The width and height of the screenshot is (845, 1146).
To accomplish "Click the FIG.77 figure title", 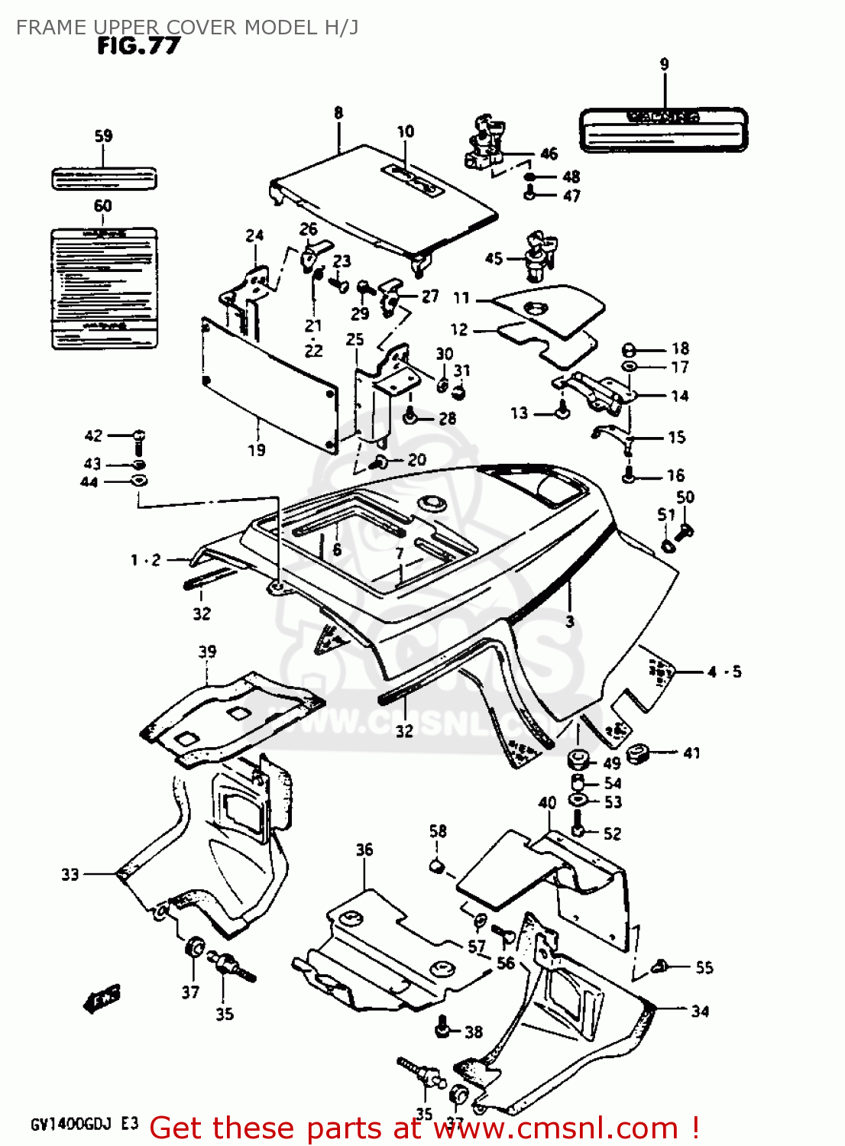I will pyautogui.click(x=138, y=47).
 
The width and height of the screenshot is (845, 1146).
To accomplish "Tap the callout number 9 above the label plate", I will pyautogui.click(x=664, y=65).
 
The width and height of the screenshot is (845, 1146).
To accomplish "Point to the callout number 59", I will pyautogui.click(x=103, y=136).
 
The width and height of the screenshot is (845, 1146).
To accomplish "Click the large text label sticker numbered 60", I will pyautogui.click(x=104, y=287).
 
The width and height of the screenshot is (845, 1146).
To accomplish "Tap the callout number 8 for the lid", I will pyautogui.click(x=338, y=113).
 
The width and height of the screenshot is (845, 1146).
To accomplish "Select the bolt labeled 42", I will pyautogui.click(x=138, y=441).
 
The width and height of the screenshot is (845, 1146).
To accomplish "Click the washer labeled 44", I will pyautogui.click(x=139, y=481).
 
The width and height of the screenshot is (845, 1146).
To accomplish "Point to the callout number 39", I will pyautogui.click(x=207, y=652).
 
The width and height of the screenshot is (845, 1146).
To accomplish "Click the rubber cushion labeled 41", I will pyautogui.click(x=638, y=753).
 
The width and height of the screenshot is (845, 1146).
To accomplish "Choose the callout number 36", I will pyautogui.click(x=364, y=850).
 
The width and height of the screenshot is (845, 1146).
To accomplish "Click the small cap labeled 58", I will pyautogui.click(x=437, y=865).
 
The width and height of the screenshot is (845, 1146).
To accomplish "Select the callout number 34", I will pyautogui.click(x=700, y=1012).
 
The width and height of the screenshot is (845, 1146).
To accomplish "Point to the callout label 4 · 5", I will pyautogui.click(x=724, y=672).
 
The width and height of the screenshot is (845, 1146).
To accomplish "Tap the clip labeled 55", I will pyautogui.click(x=661, y=967).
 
